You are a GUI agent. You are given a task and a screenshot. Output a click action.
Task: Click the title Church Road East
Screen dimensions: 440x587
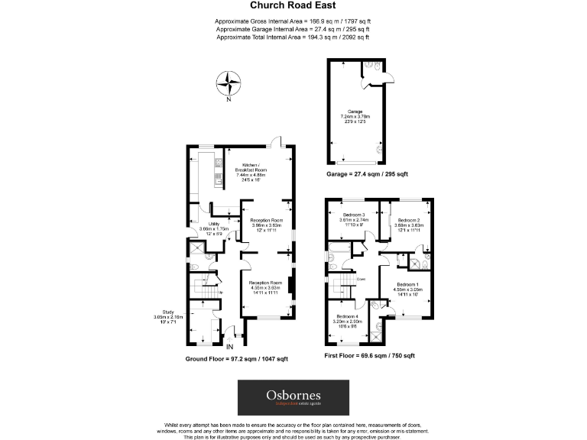[293, 5]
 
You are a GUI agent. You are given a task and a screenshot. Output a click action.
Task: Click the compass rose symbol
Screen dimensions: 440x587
[228, 81]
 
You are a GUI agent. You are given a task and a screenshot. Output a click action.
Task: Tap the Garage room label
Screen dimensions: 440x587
[355, 112]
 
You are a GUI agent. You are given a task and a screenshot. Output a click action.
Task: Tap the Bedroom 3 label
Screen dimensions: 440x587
[354, 215]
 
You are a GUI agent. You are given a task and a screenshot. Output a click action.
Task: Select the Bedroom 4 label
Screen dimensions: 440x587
[347, 316]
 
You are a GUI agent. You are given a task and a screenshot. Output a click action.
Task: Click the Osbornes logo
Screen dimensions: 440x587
[293, 397]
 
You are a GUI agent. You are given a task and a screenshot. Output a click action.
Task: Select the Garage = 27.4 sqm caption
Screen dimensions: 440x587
[367, 174]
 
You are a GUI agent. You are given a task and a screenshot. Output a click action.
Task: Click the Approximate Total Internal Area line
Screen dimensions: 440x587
[293, 37]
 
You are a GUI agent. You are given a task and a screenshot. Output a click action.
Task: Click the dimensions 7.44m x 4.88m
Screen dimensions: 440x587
[252, 175]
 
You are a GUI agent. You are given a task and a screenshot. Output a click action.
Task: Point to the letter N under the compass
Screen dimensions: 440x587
[228, 99]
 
